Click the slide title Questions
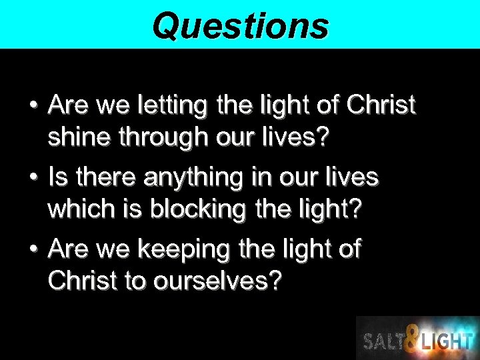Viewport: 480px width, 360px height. [240, 25]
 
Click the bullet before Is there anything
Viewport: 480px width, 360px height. [31, 177]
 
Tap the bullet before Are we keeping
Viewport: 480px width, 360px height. [31, 249]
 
